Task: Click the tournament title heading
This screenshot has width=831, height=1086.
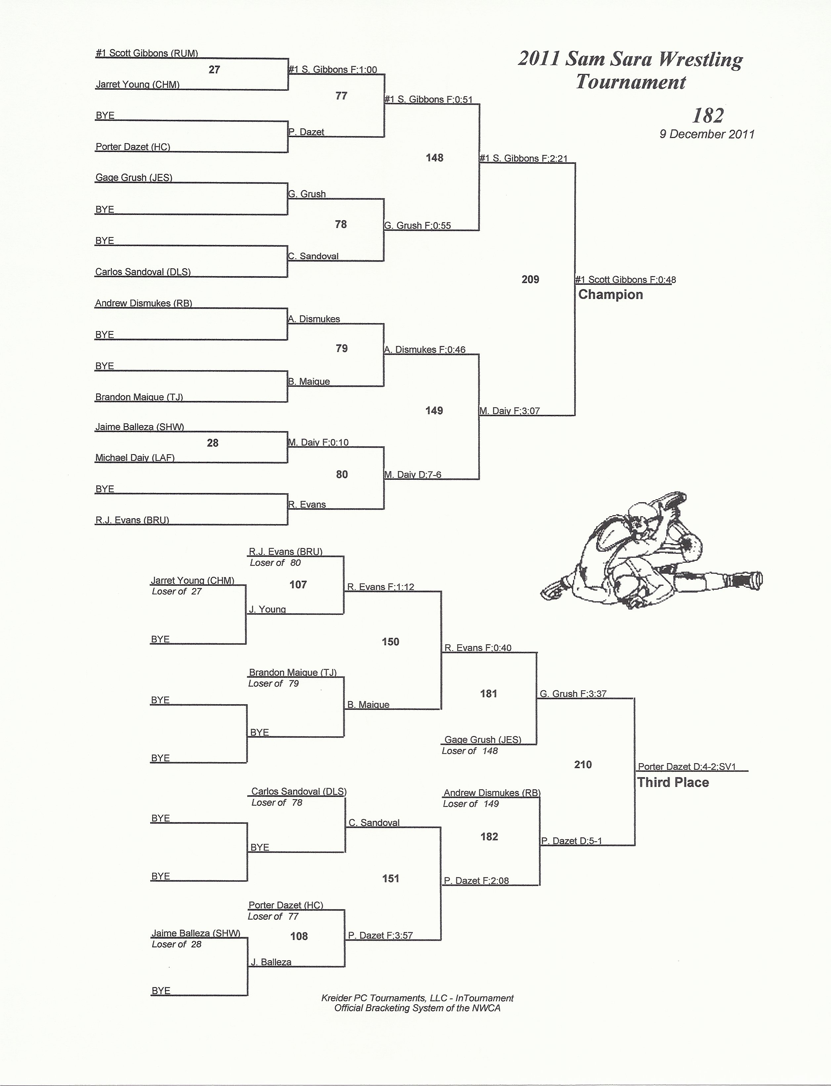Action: (631, 70)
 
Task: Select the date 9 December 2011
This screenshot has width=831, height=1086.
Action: (707, 134)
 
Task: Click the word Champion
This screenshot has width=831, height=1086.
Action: (610, 295)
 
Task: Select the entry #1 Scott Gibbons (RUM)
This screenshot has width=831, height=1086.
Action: (147, 53)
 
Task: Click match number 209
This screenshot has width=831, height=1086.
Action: (530, 279)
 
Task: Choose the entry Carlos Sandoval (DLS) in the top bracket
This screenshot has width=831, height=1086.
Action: (143, 272)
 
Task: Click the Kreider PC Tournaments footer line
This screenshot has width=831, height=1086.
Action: (417, 998)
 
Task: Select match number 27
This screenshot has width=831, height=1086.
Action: (214, 70)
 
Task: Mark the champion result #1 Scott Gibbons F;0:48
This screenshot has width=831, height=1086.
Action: (625, 280)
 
